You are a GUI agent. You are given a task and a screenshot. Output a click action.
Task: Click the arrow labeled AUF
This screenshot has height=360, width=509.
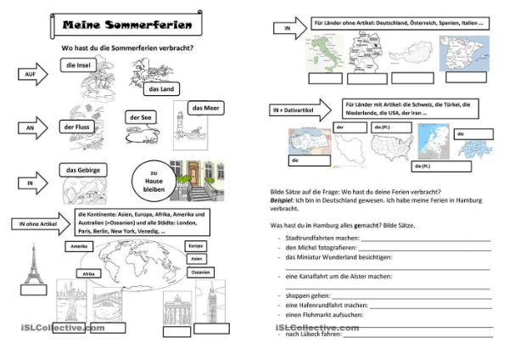click(31, 76)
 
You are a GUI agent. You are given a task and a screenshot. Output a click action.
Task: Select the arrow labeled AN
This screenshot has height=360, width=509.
click(31, 127)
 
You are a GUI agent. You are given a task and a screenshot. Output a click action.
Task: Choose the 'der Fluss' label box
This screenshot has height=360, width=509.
click(76, 127)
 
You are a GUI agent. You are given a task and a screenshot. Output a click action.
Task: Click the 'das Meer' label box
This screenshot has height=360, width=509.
click(204, 109)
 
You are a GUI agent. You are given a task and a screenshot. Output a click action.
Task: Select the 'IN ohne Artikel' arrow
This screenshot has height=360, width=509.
click(41, 223)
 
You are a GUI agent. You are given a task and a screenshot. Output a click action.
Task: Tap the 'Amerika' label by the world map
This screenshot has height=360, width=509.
click(79, 245)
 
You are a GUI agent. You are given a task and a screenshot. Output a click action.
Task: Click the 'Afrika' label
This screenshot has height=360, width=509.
click(87, 274)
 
